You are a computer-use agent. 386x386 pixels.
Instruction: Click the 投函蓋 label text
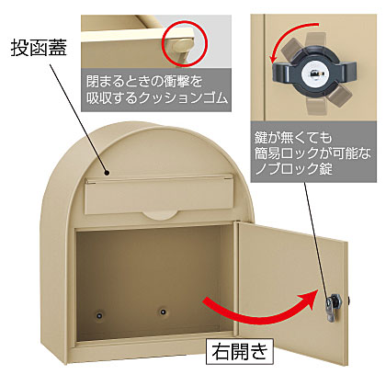(x=39, y=48)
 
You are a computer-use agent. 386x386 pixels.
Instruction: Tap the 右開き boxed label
(x=240, y=351)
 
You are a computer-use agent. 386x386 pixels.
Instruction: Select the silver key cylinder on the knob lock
(x=313, y=74)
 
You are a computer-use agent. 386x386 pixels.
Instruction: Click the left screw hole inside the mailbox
(x=98, y=314)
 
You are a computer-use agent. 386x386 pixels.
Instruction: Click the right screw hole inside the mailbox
(x=163, y=312)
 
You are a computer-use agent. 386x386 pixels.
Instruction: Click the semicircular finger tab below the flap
(x=158, y=214)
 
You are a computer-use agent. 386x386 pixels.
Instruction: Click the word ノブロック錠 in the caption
(x=294, y=168)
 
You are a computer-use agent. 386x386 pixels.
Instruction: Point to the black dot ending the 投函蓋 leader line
(x=107, y=174)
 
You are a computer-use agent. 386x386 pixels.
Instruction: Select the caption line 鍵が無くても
(x=293, y=138)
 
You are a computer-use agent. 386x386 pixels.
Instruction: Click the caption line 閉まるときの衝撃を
(x=144, y=82)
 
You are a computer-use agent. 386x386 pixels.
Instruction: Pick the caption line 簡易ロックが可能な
(x=312, y=153)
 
